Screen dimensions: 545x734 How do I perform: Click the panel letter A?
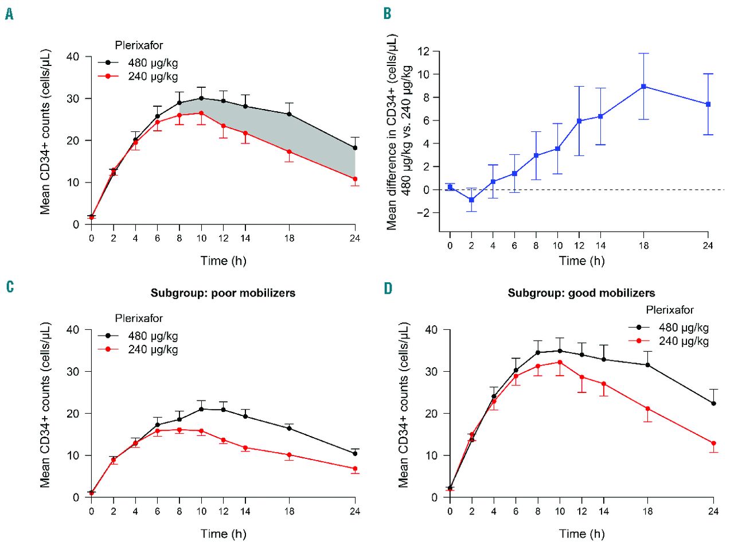pyautogui.click(x=9, y=14)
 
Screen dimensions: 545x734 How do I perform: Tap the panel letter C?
pyautogui.click(x=9, y=287)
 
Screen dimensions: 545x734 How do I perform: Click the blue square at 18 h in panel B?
pyautogui.click(x=644, y=87)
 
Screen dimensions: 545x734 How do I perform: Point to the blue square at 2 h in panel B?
pyautogui.click(x=471, y=200)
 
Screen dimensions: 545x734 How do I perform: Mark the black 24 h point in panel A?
pyautogui.click(x=355, y=148)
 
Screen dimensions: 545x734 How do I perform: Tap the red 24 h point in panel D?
pyautogui.click(x=713, y=443)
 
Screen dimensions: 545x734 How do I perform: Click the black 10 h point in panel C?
pyautogui.click(x=201, y=409)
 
